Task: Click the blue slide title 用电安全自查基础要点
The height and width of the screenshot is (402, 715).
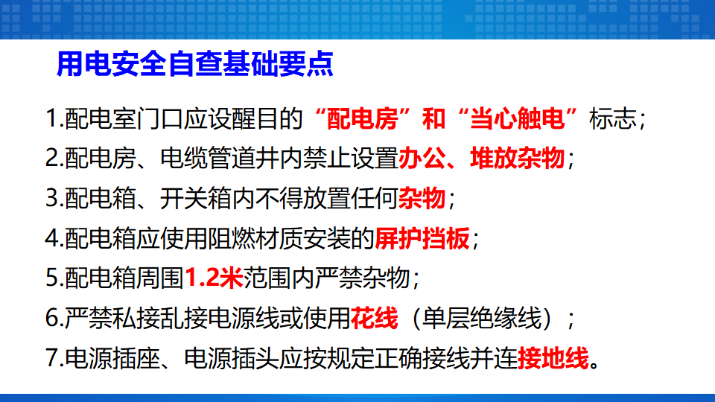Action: [194, 64]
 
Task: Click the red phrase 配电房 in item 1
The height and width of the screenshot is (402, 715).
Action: [363, 118]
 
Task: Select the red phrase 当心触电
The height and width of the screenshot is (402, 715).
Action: [517, 118]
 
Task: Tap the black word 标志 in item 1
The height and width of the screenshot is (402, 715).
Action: [613, 118]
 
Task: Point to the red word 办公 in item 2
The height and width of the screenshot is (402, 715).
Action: [422, 159]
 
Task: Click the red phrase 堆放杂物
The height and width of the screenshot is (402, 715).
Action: [517, 159]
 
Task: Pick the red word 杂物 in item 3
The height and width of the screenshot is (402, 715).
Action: [422, 198]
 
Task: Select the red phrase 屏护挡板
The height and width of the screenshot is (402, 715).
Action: [422, 238]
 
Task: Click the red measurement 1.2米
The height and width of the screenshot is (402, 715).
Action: [214, 278]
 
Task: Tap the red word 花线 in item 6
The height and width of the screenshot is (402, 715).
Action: [375, 318]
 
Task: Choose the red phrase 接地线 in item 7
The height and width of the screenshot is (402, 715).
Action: [553, 358]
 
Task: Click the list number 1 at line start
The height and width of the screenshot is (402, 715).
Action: [51, 118]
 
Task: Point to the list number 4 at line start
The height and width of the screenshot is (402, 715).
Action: [51, 238]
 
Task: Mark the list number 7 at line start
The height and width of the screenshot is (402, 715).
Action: [51, 358]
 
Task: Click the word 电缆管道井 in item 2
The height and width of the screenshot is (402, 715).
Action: [220, 159]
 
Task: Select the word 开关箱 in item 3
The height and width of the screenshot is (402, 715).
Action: [196, 198]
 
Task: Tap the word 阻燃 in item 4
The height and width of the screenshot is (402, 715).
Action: [232, 238]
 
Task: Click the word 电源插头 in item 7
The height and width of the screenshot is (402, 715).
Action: [232, 358]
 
